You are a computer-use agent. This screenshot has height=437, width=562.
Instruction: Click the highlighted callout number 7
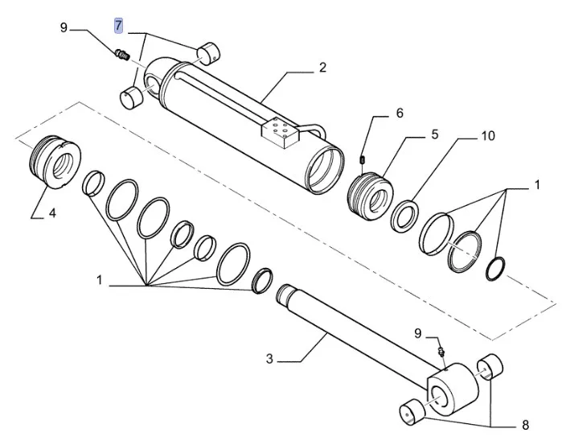click(x=119, y=26)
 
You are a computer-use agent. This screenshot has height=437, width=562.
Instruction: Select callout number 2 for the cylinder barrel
click(x=322, y=68)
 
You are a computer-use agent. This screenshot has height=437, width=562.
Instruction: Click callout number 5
click(x=434, y=134)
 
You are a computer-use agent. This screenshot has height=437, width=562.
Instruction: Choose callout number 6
click(x=399, y=113)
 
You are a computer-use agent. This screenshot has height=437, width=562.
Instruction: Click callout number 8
click(x=525, y=424)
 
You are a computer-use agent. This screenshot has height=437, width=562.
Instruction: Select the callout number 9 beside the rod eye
click(x=417, y=332)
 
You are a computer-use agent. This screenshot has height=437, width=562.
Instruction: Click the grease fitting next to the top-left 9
click(x=123, y=54)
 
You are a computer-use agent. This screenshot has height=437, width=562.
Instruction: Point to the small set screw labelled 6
click(x=363, y=159)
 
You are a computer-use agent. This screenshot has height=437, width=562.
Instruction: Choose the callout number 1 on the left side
click(x=101, y=281)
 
